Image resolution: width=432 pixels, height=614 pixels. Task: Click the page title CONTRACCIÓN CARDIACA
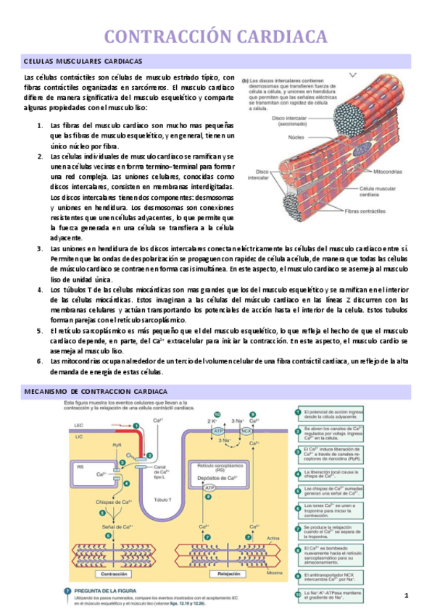(x=216, y=38)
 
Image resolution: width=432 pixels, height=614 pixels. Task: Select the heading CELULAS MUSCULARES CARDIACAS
(x=83, y=62)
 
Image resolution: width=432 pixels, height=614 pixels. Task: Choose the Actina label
(x=273, y=538)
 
